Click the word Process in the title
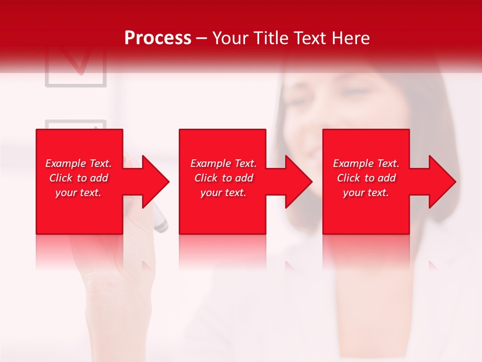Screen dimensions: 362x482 click(x=158, y=38)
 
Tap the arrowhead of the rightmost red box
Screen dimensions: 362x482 click(x=441, y=182)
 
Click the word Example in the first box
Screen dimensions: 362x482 click(x=66, y=163)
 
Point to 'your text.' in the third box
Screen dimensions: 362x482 click(x=366, y=193)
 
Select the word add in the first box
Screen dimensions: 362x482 click(x=99, y=178)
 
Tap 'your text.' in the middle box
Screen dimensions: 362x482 click(x=223, y=193)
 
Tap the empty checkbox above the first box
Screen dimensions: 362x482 click(x=75, y=125)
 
